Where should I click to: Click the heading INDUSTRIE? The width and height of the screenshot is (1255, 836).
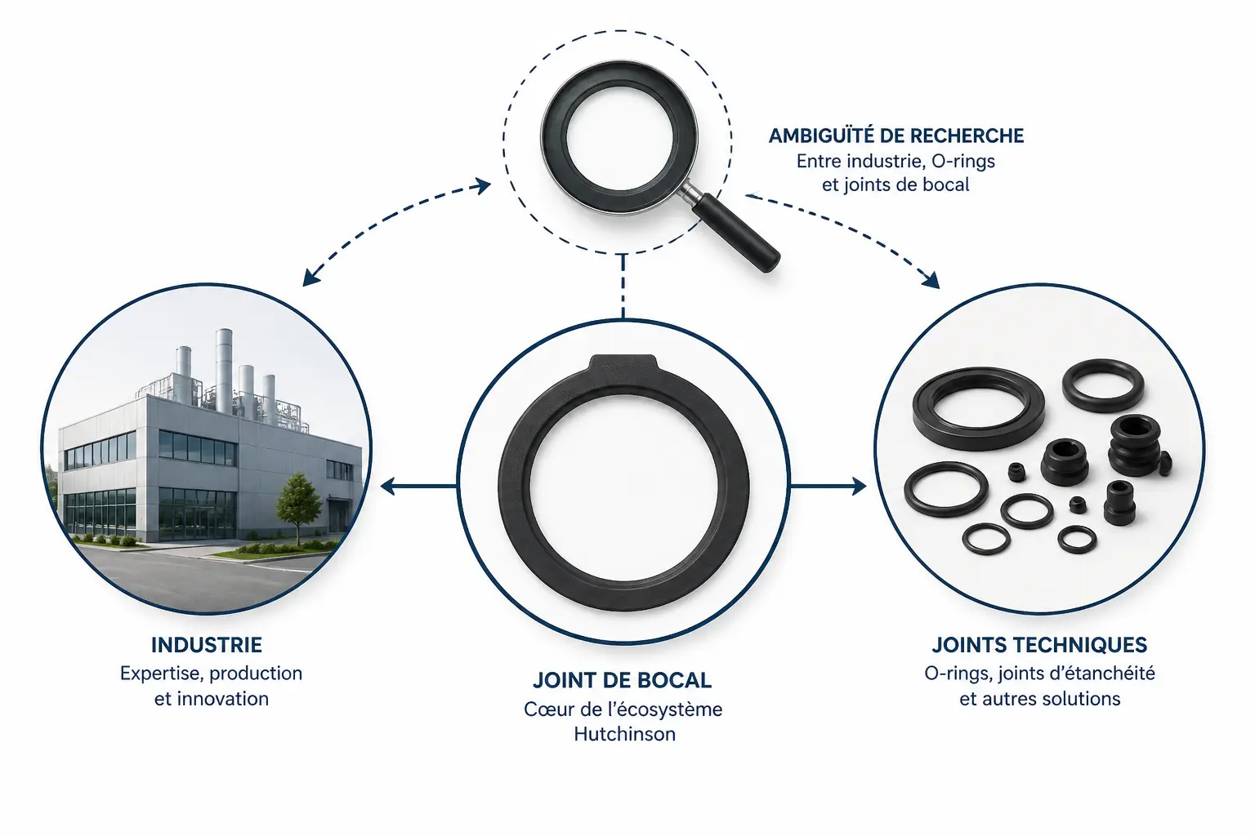pyautogui.click(x=206, y=645)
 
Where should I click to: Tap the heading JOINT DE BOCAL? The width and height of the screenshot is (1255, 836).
pyautogui.click(x=622, y=680)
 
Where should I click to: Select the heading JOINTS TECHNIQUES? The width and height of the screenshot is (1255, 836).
pyautogui.click(x=1039, y=645)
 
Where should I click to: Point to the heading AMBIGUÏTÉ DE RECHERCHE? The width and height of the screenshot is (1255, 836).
pyautogui.click(x=895, y=136)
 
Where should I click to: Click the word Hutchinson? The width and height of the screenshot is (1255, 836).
pyautogui.click(x=625, y=734)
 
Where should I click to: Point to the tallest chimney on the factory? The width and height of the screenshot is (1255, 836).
pyautogui.click(x=224, y=370)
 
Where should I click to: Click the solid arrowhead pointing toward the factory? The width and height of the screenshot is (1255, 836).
pyautogui.click(x=388, y=486)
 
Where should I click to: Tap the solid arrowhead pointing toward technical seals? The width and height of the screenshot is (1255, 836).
pyautogui.click(x=859, y=486)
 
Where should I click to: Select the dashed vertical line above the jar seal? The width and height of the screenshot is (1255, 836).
pyautogui.click(x=623, y=286)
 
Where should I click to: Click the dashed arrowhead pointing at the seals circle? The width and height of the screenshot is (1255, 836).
pyautogui.click(x=931, y=279)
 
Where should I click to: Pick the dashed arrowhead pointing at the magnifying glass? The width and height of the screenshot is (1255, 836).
pyautogui.click(x=482, y=186)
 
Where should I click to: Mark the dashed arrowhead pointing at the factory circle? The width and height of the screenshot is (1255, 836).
pyautogui.click(x=310, y=278)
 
